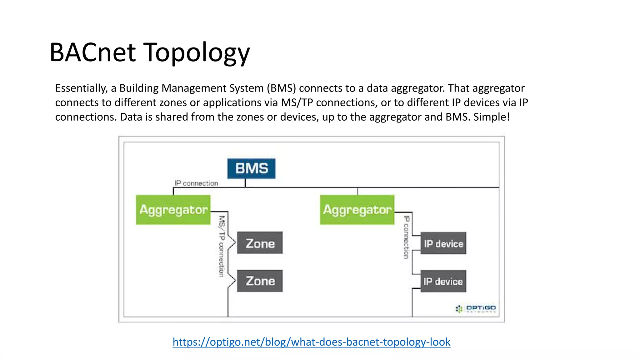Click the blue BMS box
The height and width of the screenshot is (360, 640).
pos(251,168)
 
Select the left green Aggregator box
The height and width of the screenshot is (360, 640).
pos(173,210)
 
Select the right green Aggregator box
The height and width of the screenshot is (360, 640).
pos(357,210)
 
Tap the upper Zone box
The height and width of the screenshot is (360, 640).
pos(260,243)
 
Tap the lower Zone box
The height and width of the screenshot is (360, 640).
pos(260,281)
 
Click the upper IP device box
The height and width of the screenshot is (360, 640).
pos(443,243)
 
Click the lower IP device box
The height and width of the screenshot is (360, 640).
pos(443,281)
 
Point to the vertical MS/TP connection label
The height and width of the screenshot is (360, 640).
pos(222,246)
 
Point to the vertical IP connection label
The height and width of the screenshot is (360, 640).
pos(406,237)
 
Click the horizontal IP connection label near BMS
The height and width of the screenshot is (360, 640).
pos(196,183)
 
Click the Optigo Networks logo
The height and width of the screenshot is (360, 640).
pos(476,308)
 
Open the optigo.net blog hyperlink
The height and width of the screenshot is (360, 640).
pos(311,342)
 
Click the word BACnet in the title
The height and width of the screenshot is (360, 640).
pos(92,52)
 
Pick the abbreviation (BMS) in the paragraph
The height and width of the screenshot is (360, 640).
pos(281,88)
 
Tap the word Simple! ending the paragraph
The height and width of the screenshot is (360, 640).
pos(492,117)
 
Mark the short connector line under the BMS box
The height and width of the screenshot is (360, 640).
pos(245,183)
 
